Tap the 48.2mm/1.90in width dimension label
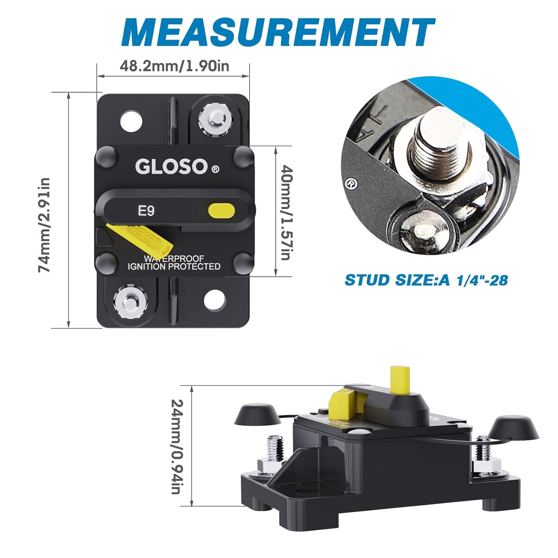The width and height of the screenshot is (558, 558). click(174, 66)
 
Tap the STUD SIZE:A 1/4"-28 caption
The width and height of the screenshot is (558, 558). click(426, 280)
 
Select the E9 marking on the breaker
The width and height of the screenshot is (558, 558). click(146, 211)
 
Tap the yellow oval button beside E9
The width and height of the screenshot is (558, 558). click(221, 210)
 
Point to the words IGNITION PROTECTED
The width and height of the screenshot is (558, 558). click(174, 266)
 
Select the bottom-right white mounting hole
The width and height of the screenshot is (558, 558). click(215, 299)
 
